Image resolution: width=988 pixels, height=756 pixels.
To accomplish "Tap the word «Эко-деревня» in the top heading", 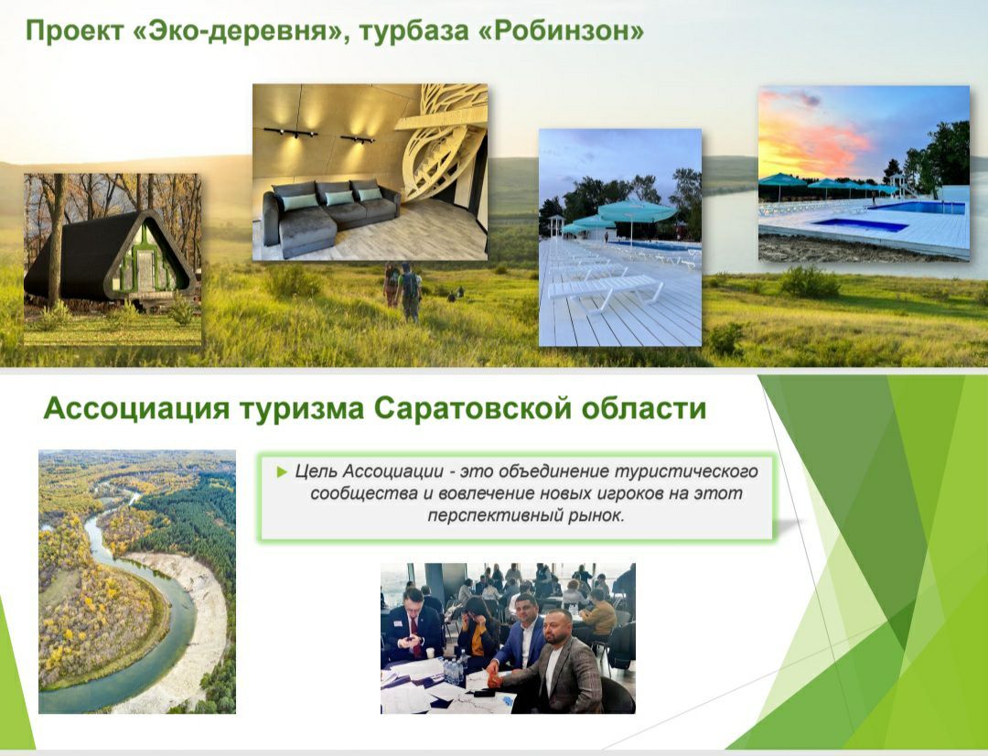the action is click(242, 31).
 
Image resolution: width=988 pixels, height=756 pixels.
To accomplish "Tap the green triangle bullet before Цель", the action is click(281, 471).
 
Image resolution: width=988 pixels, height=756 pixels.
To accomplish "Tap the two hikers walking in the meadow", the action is click(402, 291).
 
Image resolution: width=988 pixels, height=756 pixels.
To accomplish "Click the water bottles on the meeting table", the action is click(453, 671).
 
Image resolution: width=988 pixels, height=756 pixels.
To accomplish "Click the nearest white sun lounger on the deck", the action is click(605, 290).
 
